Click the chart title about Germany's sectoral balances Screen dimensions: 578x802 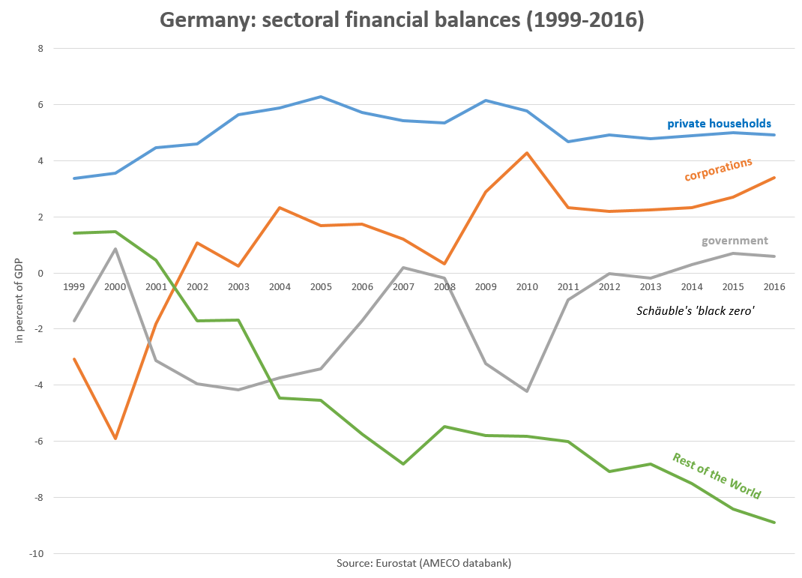point(401,20)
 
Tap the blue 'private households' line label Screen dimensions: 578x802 point(719,124)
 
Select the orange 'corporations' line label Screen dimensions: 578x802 point(718,169)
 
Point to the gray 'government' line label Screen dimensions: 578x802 point(735,241)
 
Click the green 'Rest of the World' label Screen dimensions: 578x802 point(717,476)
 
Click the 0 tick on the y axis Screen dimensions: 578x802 point(41,274)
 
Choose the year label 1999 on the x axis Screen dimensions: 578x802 point(74,286)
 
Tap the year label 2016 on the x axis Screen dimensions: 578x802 point(774,286)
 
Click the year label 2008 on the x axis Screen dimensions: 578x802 point(444,286)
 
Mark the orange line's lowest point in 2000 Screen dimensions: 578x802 point(115,439)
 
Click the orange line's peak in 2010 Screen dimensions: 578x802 point(527,153)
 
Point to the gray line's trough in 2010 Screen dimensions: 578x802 point(527,391)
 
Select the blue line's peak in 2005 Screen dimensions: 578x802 point(321,97)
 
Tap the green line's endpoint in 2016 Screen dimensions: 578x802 point(774,523)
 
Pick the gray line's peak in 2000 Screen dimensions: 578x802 point(115,249)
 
